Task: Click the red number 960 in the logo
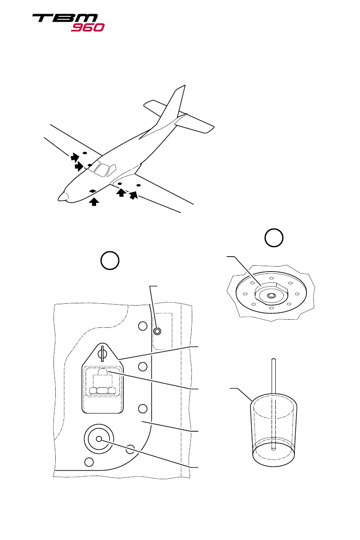coord(88,27)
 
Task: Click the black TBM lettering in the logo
coord(64,19)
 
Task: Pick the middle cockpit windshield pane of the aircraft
coord(102,169)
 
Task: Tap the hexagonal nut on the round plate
coord(270,295)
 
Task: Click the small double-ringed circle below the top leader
coord(157,331)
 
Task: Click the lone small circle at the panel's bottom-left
coord(90,462)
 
